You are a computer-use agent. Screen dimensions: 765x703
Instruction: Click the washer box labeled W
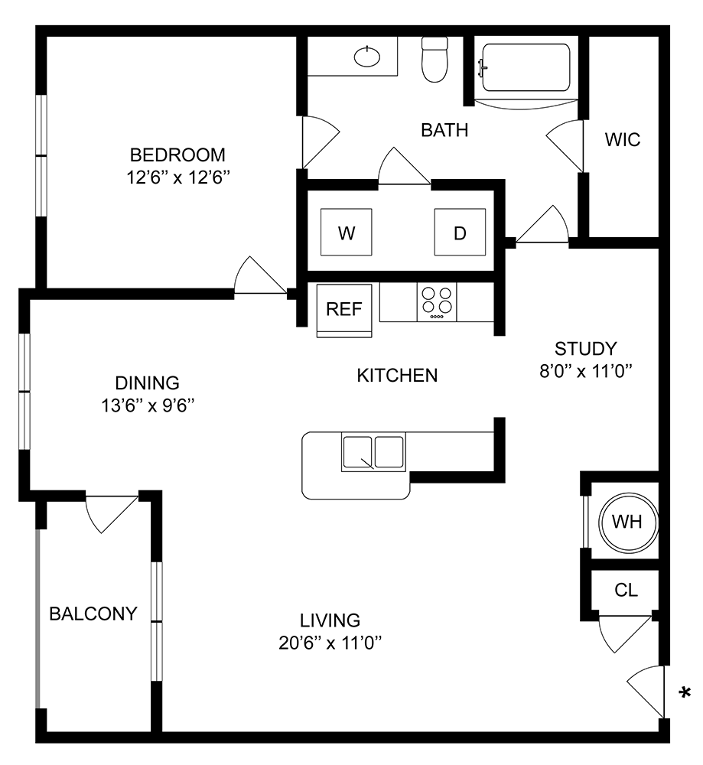tap(347, 233)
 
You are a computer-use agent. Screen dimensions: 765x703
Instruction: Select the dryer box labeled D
tap(460, 233)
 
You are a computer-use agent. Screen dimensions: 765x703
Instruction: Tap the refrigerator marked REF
tap(344, 309)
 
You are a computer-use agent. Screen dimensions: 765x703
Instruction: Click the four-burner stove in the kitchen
tap(437, 302)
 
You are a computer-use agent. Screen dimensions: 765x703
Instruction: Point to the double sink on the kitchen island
tap(373, 453)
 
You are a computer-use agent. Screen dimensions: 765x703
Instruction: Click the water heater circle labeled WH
tap(627, 522)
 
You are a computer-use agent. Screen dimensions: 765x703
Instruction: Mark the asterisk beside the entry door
tap(685, 693)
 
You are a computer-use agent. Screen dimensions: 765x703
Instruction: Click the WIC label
tap(622, 140)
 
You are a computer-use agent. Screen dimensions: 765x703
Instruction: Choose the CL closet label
tap(626, 591)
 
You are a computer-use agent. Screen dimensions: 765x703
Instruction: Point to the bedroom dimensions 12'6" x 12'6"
tap(178, 177)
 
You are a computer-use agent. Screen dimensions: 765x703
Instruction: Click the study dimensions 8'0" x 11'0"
tap(586, 373)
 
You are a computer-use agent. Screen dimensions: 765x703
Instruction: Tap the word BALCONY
tap(93, 614)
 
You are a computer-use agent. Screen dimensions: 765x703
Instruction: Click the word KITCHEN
tap(397, 376)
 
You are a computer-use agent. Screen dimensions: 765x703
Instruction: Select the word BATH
tap(444, 130)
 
